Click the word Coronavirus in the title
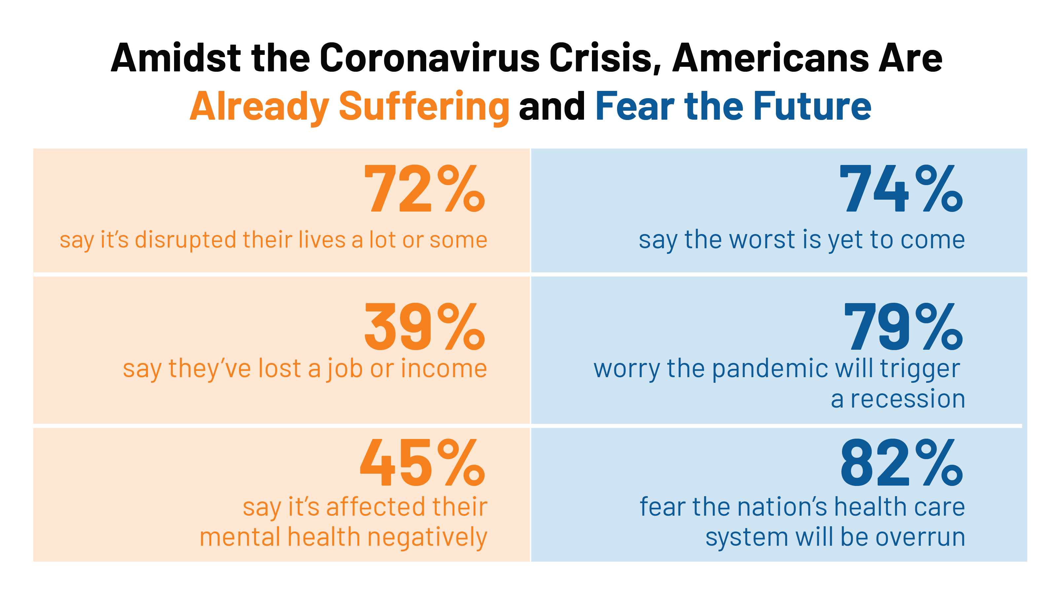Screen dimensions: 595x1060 [429, 58]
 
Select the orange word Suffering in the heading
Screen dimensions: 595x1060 [424, 107]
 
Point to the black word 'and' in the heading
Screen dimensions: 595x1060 [552, 107]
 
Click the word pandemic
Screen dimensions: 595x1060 [770, 369]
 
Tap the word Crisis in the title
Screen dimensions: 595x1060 [605, 58]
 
